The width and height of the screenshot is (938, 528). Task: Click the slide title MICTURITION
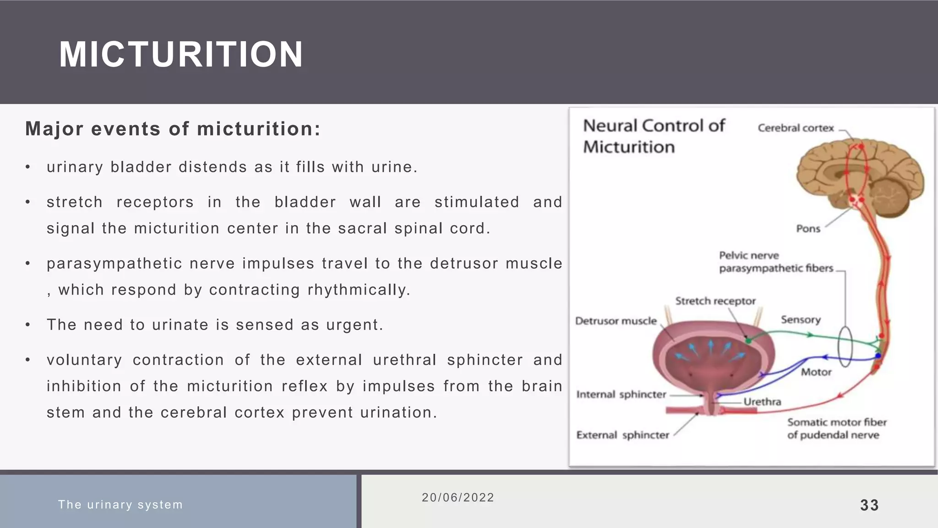point(181,55)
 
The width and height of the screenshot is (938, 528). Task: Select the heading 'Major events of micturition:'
point(173,129)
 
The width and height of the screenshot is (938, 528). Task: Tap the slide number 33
point(869,505)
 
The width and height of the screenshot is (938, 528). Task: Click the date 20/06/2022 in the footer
point(458,498)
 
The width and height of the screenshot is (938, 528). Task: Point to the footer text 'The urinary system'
point(120,505)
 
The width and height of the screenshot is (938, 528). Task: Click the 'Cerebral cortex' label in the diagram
point(796,128)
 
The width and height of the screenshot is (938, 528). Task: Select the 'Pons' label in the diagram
point(808,228)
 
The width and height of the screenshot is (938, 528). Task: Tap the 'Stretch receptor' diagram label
point(715,301)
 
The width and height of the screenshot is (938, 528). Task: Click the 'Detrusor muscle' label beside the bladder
point(616,321)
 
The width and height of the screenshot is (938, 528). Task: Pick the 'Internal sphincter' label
point(621,395)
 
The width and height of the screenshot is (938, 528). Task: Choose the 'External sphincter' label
point(622,435)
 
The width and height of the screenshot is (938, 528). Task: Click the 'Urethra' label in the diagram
point(762,402)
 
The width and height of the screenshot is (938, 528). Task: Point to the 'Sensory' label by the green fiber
point(800,319)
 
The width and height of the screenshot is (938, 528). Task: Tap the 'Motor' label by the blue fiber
point(816,372)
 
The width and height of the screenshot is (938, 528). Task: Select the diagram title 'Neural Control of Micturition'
point(654,136)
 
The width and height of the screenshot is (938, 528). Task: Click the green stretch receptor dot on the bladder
point(748,341)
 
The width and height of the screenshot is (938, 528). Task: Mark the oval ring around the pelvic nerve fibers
point(845,346)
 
